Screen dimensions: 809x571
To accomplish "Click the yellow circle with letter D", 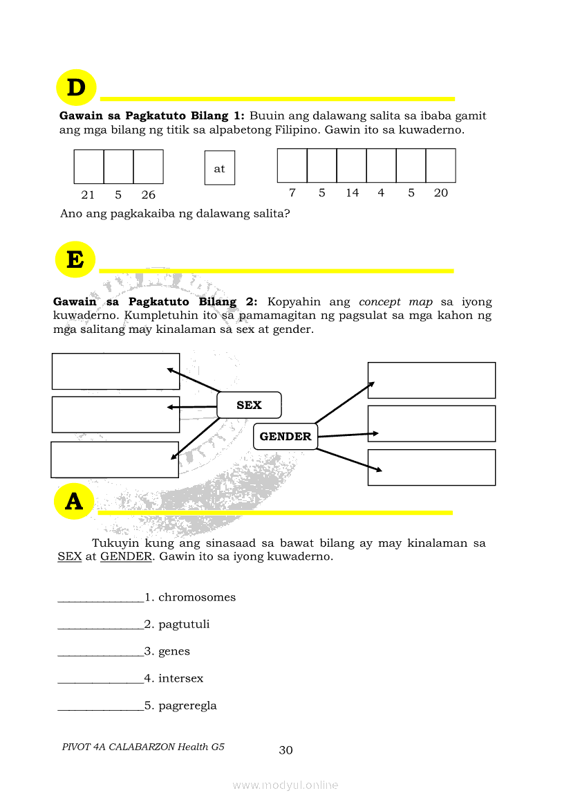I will tap(75, 88).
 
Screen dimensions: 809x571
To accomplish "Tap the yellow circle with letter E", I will tap(75, 260).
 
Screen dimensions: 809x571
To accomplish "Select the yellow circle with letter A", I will tap(74, 502).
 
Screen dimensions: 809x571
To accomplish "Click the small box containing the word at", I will tap(220, 168).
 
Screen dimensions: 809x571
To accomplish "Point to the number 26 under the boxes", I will tap(148, 195).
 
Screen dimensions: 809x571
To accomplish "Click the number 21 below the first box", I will tap(88, 195).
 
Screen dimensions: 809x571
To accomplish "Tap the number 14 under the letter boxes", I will tap(353, 193).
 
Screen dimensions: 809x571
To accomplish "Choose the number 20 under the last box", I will tap(441, 193).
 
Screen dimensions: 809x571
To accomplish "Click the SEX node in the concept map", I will tap(249, 406).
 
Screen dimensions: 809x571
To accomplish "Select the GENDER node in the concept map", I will tap(285, 437).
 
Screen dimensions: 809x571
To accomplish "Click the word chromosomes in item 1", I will tap(197, 597).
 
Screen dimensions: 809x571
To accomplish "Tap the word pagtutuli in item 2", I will tap(184, 624).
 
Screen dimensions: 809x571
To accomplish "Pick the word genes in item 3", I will tap(174, 651).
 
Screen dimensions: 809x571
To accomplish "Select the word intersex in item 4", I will tap(181, 678).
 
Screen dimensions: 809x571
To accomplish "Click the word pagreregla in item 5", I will tap(187, 706).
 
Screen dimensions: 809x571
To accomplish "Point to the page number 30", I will tap(285, 750).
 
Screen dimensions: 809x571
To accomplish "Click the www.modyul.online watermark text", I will tap(285, 785).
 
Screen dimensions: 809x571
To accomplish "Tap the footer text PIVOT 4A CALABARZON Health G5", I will tap(143, 747).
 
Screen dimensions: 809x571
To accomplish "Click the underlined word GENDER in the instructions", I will tap(126, 556).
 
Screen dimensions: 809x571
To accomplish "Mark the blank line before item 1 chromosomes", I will tap(101, 600).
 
